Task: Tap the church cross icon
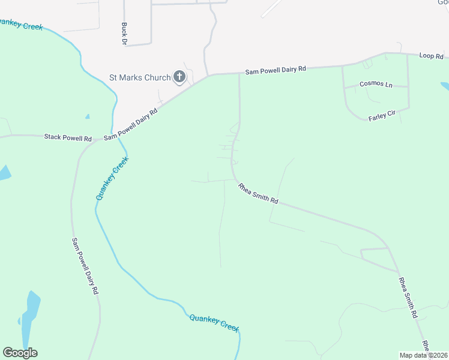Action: point(179,76)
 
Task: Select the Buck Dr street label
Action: point(124,34)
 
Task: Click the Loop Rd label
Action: point(431,56)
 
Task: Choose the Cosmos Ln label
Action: point(376,84)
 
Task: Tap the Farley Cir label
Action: point(384,115)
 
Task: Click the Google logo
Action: point(20,353)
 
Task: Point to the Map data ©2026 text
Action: point(424,355)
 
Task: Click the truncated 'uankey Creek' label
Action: point(22,25)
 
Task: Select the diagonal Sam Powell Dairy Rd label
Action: point(131,124)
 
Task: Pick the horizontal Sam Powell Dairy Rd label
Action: point(276,70)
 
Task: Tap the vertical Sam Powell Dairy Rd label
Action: point(85,266)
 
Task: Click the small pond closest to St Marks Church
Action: point(88,116)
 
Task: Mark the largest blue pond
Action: point(29,315)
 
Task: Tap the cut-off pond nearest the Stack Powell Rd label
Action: point(4,173)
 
